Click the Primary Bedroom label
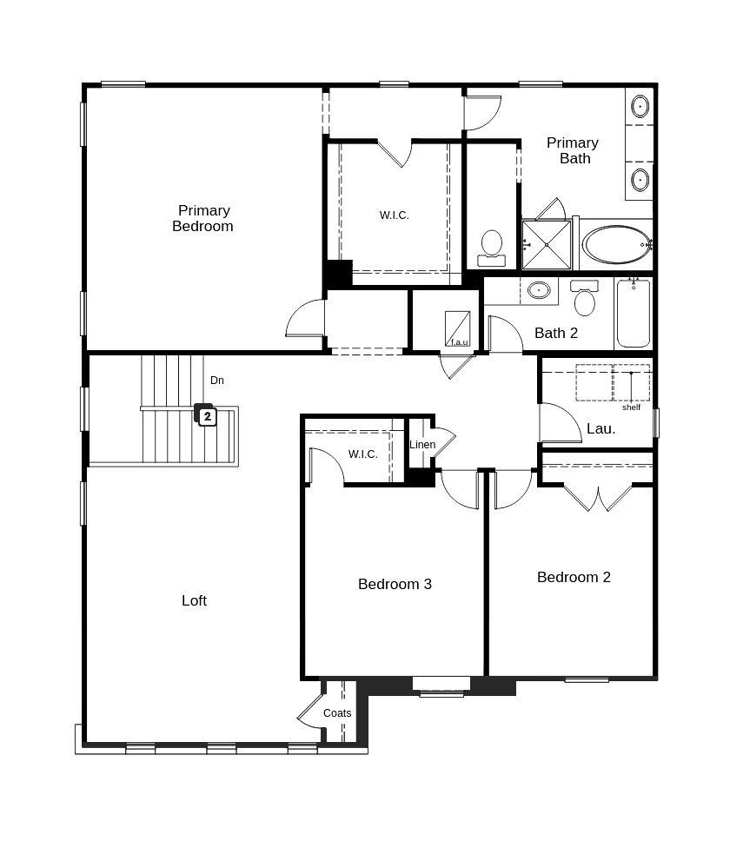(202, 218)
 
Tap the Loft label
(194, 600)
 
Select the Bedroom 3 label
(395, 584)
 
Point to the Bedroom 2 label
(574, 577)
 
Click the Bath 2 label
(556, 333)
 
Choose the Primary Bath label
(573, 150)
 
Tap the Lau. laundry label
(601, 428)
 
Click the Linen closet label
(422, 445)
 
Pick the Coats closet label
(337, 713)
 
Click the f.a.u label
(459, 341)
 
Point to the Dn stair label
(217, 381)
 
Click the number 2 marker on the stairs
(207, 416)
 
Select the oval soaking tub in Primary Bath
(617, 244)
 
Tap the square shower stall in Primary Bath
(547, 245)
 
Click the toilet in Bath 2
(585, 300)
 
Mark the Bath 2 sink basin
(539, 290)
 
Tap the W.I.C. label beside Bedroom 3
(362, 454)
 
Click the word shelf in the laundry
(631, 407)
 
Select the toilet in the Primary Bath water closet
(492, 244)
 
